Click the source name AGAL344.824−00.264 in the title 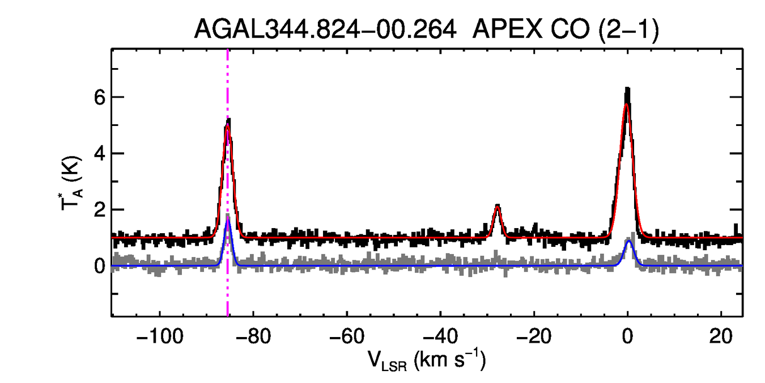click(325, 30)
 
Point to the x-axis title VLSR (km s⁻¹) click(426, 360)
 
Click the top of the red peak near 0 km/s click(627, 104)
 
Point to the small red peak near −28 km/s click(498, 207)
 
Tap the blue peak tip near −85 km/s click(228, 220)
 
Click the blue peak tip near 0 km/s click(629, 241)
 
